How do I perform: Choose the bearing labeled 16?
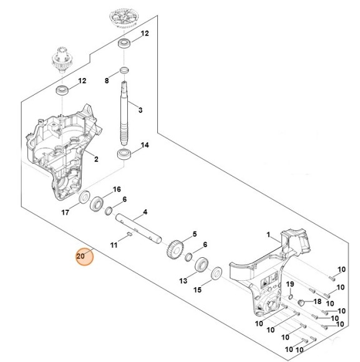(99, 203)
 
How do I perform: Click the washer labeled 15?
(217, 272)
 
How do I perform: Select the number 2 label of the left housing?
(96, 159)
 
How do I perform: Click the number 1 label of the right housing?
(268, 235)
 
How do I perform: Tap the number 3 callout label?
(140, 110)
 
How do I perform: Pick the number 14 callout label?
(145, 145)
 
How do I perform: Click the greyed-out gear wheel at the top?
(122, 16)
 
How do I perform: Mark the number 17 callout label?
(66, 212)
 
